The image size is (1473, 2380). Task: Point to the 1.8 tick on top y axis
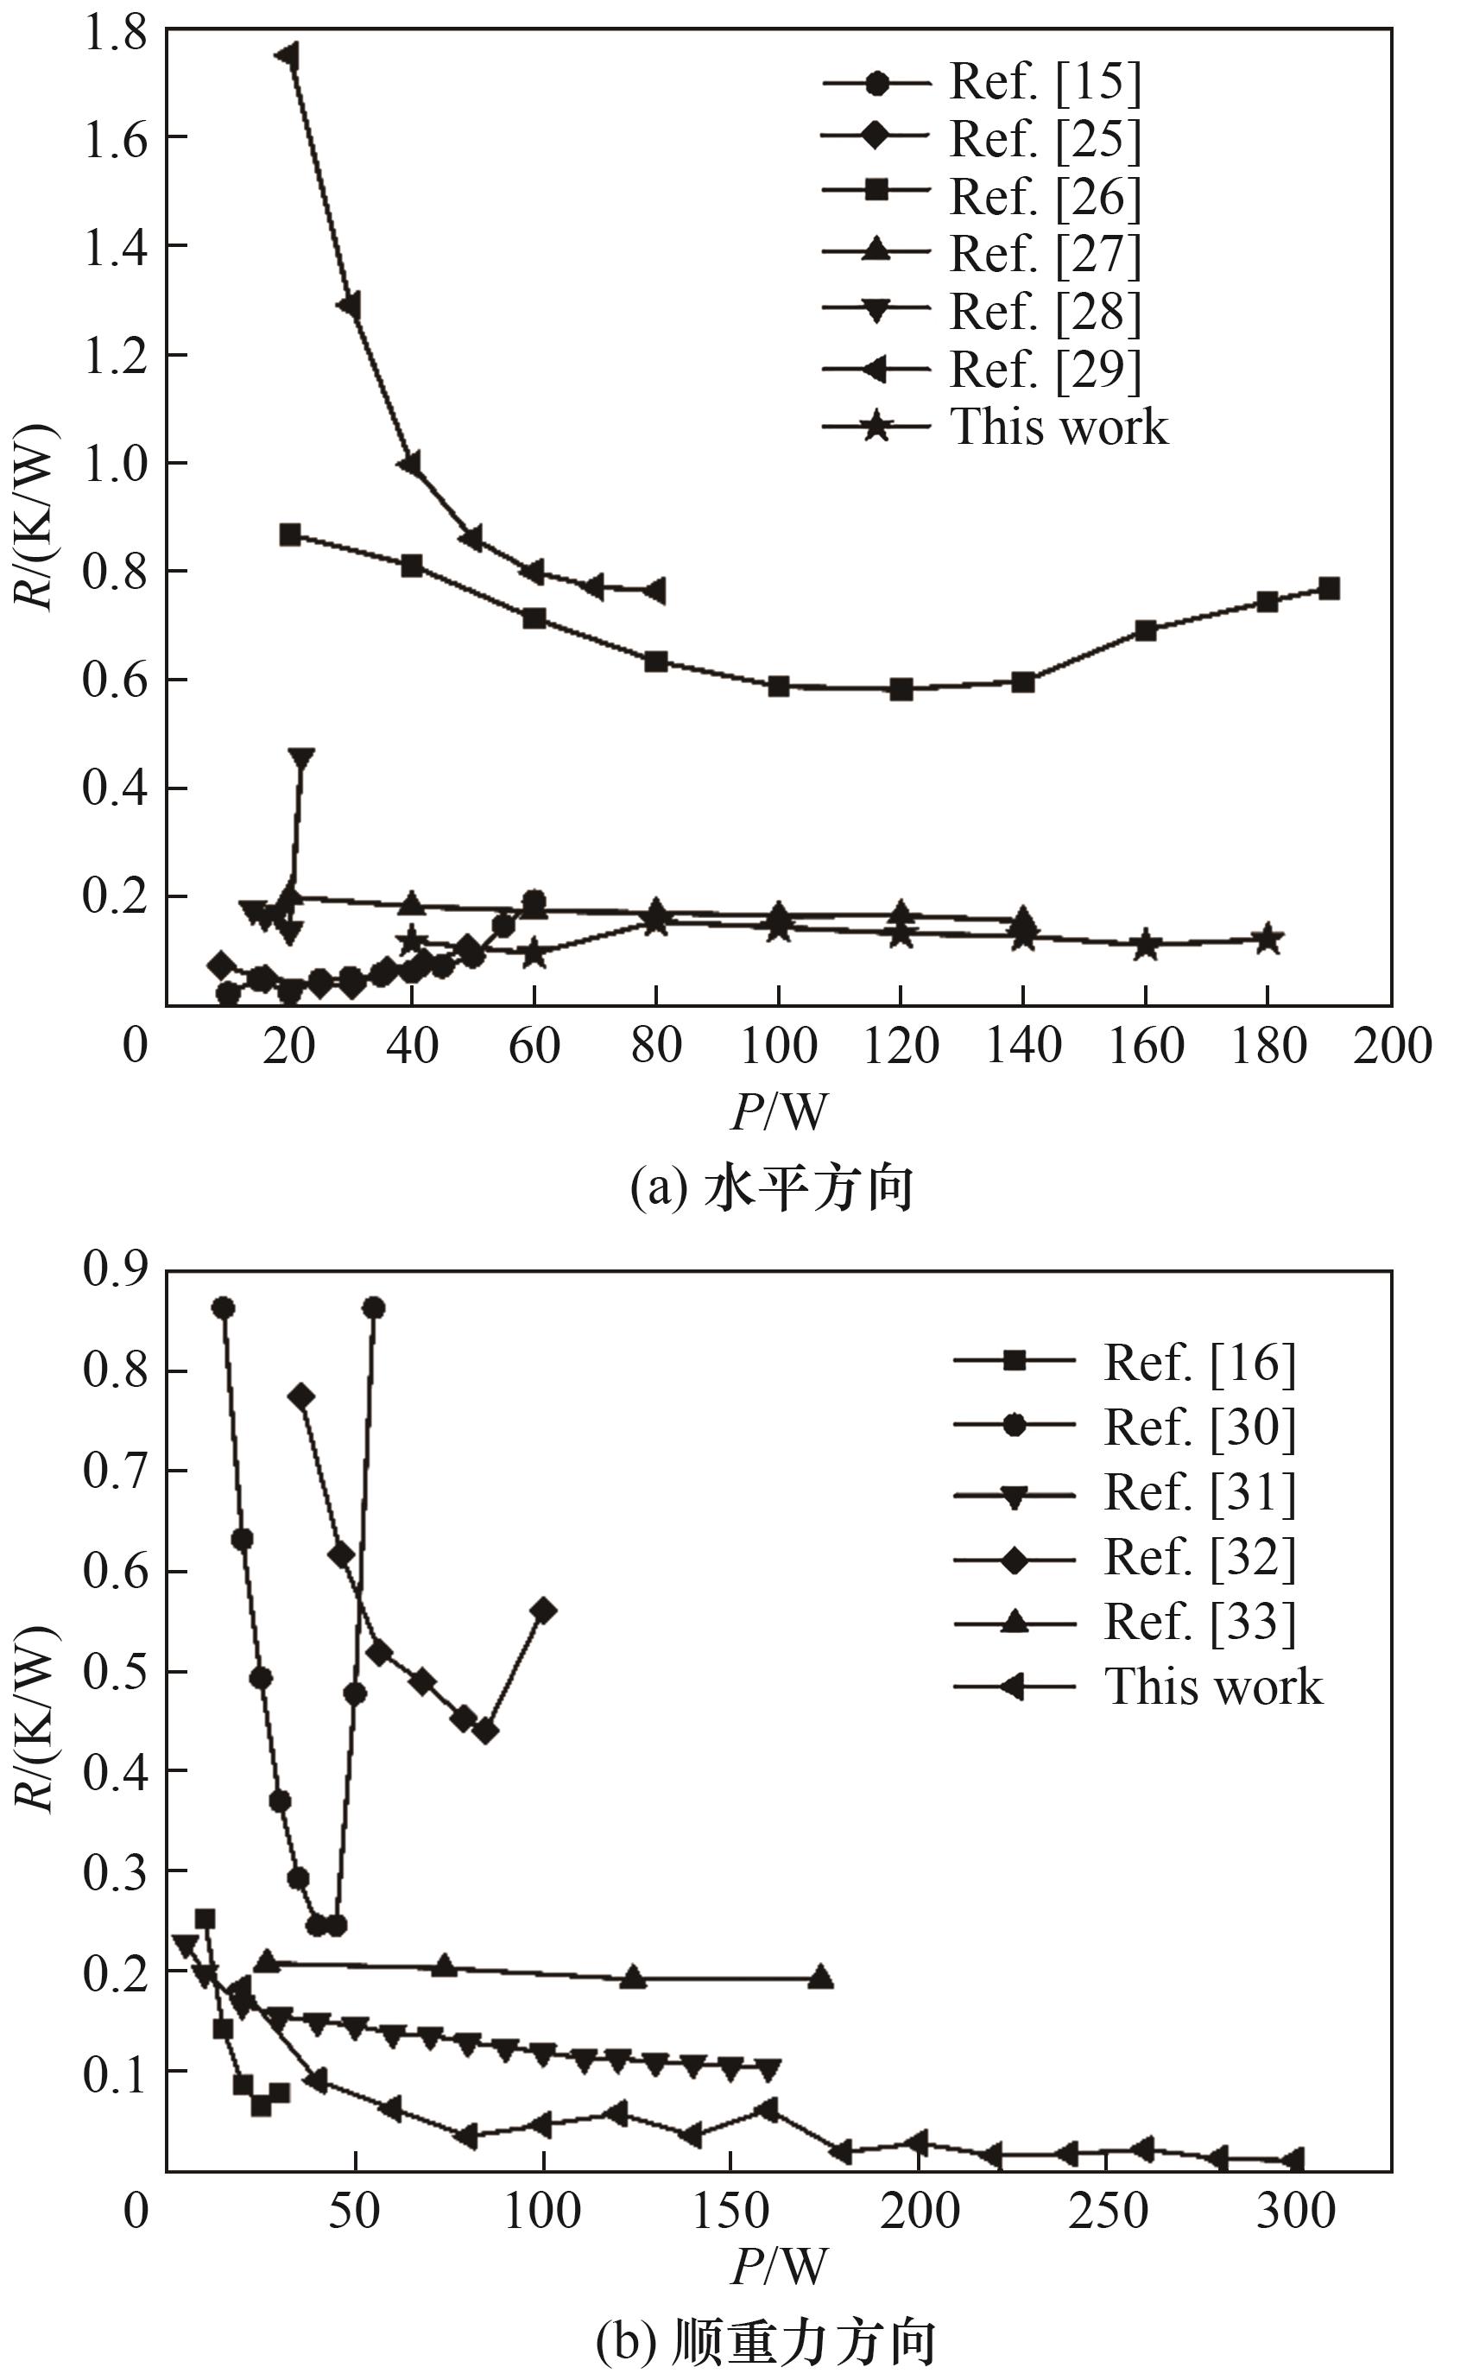pyautogui.click(x=115, y=33)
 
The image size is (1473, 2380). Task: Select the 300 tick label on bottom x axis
pyautogui.click(x=1295, y=2212)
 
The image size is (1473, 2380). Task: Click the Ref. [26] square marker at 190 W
pyautogui.click(x=1329, y=588)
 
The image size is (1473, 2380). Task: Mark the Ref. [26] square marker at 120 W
pyautogui.click(x=901, y=690)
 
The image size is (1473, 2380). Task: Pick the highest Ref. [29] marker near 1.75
pyautogui.click(x=288, y=54)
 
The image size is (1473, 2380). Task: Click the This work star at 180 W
pyautogui.click(x=1267, y=940)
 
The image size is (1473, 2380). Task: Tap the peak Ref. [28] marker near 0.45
pyautogui.click(x=302, y=758)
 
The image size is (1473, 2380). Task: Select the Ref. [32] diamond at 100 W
pyautogui.click(x=545, y=1611)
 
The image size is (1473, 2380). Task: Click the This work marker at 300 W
pyautogui.click(x=1293, y=2161)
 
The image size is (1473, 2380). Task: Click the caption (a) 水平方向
pyautogui.click(x=772, y=1188)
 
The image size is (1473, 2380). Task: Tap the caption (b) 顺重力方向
pyautogui.click(x=766, y=2343)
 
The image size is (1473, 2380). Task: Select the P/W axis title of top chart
pyautogui.click(x=780, y=1111)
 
